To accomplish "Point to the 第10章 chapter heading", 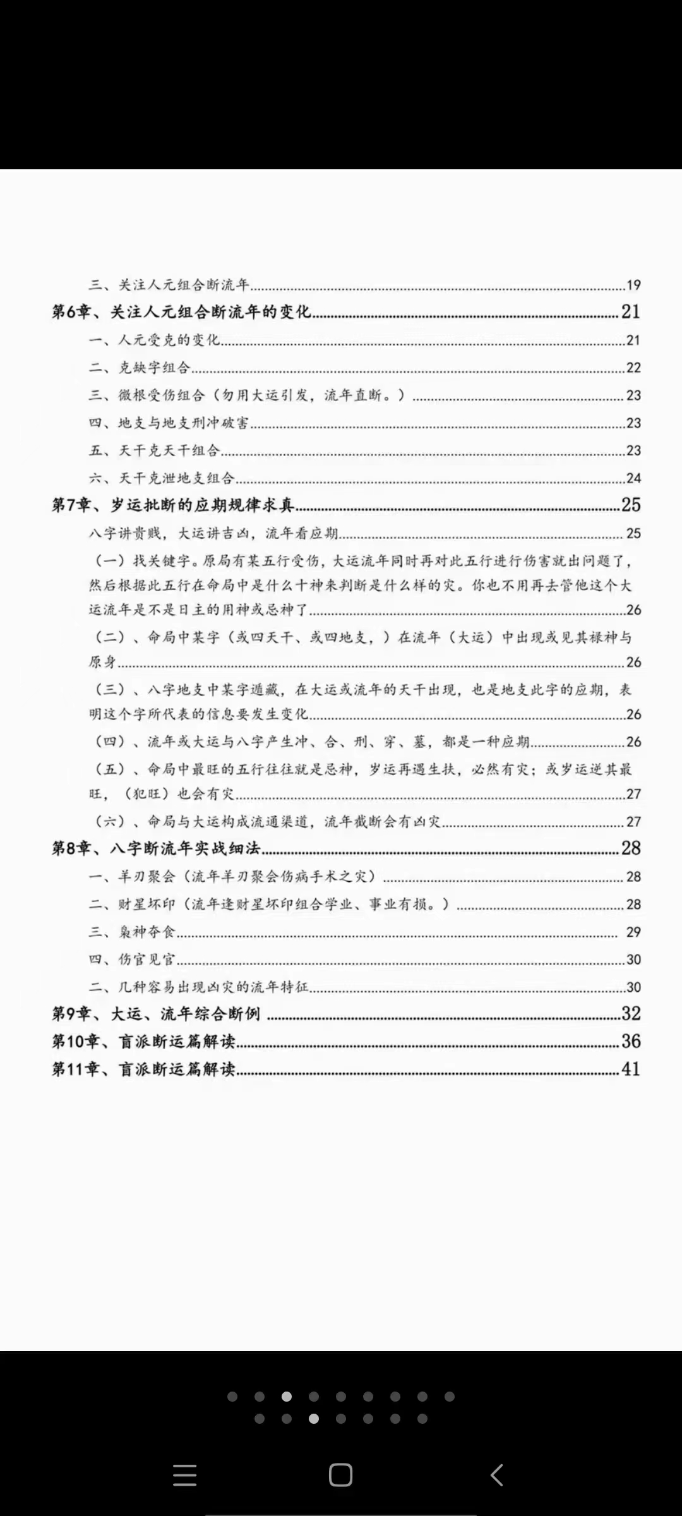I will (143, 1042).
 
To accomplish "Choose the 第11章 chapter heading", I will (143, 1069).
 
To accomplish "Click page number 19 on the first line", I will (633, 286).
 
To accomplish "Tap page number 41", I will (631, 1069).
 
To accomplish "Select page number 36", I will (631, 1042).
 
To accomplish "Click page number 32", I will (631, 1014).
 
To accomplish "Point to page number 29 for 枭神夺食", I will (633, 932).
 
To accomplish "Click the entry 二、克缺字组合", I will (140, 368).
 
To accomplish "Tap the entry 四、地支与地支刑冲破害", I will (169, 423).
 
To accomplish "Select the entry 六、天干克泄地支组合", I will (162, 478).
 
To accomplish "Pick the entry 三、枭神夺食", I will (132, 932).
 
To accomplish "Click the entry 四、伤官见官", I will (132, 960).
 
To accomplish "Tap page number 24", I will (633, 479).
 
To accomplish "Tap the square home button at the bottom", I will (340, 1476).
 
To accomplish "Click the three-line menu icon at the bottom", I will (184, 1476).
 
